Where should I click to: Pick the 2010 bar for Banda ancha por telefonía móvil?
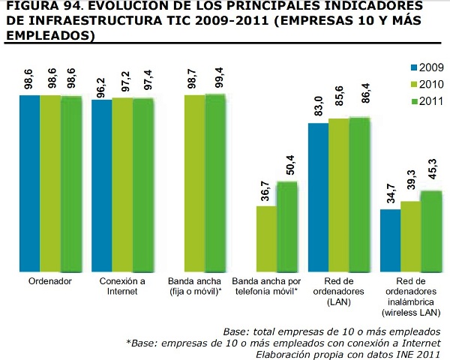point(266,238)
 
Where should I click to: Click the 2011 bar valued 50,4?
point(287,226)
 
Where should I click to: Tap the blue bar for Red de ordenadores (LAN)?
point(318,196)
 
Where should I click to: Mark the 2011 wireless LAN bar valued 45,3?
point(431,231)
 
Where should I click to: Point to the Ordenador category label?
point(50,282)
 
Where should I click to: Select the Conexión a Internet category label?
point(122,286)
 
